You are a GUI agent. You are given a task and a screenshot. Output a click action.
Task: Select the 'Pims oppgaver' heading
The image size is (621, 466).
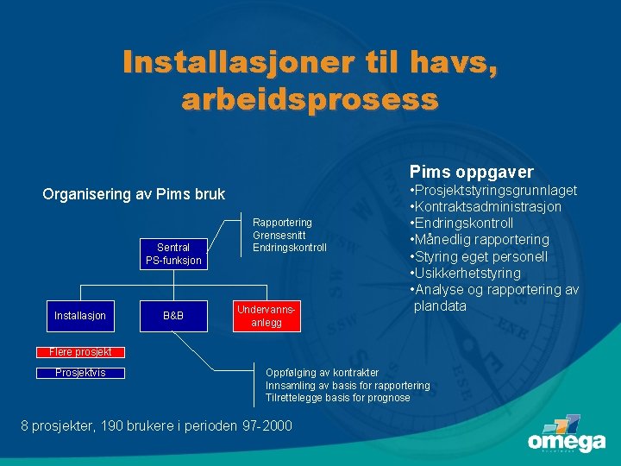471,173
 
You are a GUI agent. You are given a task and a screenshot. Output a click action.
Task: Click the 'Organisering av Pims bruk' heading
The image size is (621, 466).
134,194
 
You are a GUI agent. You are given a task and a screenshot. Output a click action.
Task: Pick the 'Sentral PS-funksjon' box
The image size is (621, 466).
173,254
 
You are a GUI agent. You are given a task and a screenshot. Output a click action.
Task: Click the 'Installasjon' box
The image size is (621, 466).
80,316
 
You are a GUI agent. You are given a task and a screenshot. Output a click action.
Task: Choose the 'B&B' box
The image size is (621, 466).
173,316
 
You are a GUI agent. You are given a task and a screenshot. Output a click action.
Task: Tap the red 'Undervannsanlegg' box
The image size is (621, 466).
272,316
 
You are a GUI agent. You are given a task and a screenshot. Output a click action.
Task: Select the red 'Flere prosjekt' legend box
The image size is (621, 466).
80,352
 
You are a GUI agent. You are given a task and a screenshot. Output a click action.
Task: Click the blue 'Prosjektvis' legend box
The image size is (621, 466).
80,373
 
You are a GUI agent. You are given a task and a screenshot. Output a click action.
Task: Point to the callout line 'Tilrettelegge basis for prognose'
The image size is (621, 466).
337,398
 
